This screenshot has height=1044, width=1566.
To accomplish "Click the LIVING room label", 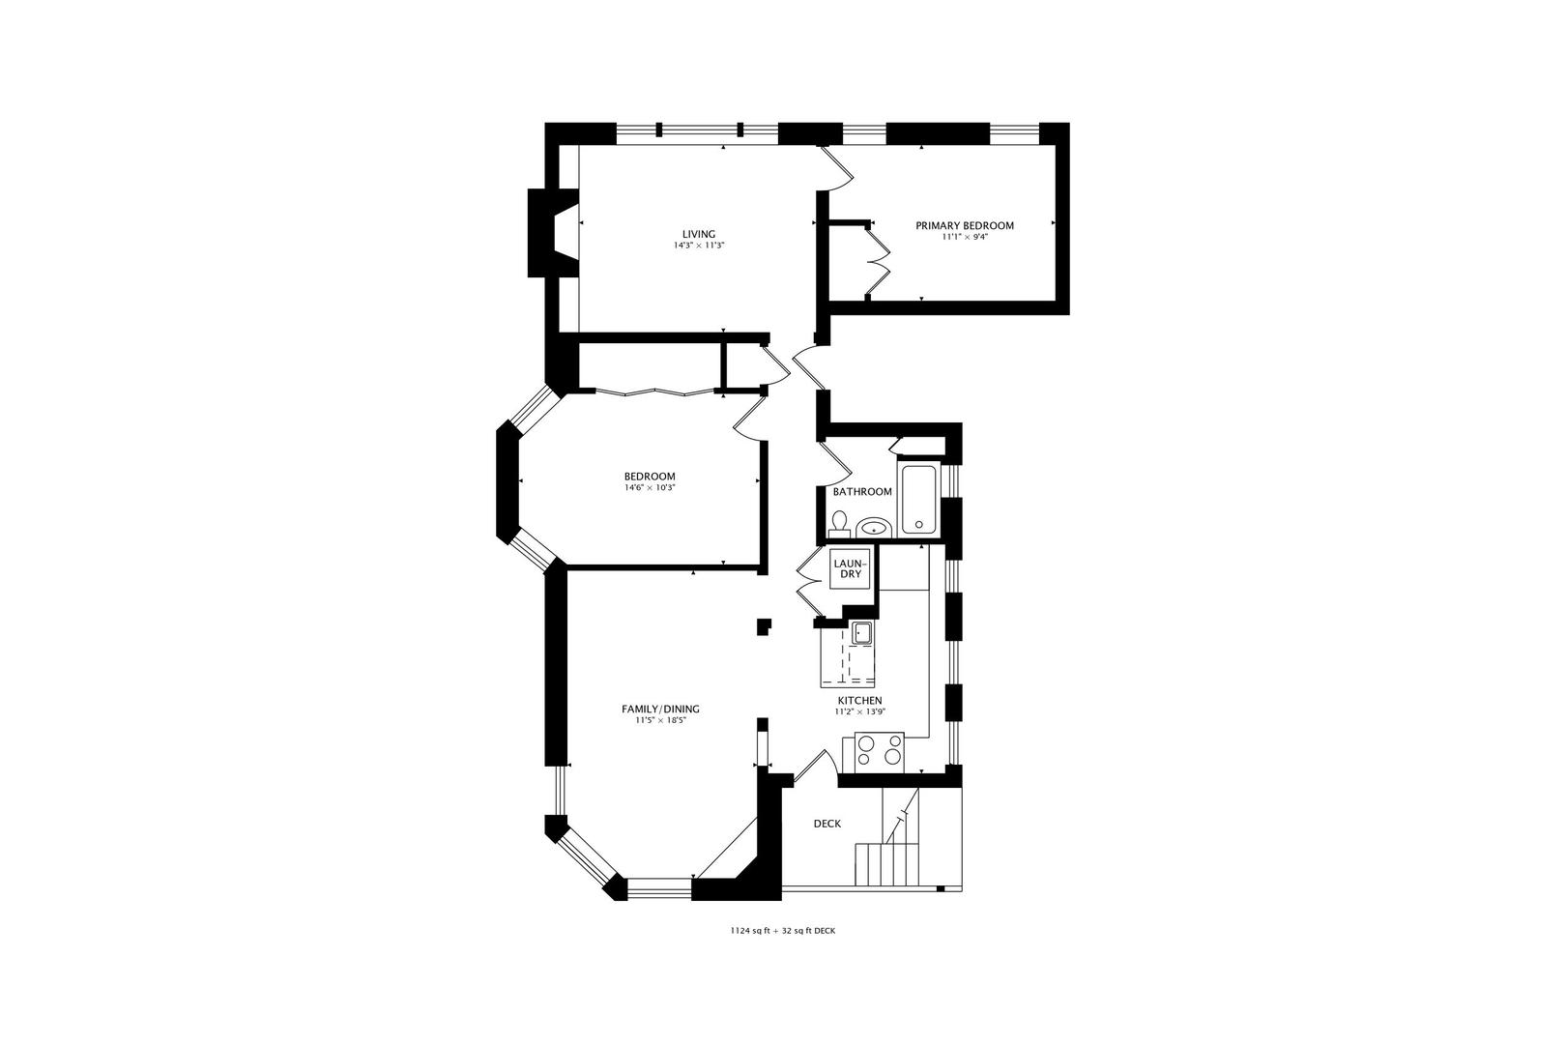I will click(699, 234).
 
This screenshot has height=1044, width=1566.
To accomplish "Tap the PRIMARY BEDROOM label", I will click(965, 226).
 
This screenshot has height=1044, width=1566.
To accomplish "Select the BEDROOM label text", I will click(650, 477).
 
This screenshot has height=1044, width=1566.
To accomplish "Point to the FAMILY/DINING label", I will click(660, 709).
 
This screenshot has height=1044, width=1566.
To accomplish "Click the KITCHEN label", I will click(859, 701).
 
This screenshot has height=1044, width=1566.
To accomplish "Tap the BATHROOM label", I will click(862, 492).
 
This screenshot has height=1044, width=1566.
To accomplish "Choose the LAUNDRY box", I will click(851, 568).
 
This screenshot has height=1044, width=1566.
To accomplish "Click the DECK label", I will click(826, 824).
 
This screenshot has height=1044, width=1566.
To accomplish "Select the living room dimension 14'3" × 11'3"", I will click(699, 246).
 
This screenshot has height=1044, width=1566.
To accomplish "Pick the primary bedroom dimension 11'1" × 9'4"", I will click(965, 237).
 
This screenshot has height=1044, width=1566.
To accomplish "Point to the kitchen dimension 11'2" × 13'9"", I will click(859, 712).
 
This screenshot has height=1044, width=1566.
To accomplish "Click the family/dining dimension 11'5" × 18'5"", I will click(660, 720).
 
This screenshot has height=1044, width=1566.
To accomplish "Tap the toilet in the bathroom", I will click(839, 525).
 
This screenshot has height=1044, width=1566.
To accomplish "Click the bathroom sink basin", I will click(874, 528).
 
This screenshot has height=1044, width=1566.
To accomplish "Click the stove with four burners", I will click(881, 751).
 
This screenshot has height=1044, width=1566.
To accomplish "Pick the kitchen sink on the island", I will click(861, 633).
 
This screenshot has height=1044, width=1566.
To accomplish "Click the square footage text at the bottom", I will click(783, 932).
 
